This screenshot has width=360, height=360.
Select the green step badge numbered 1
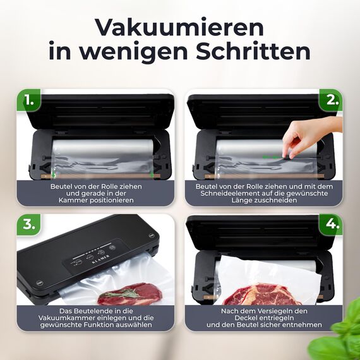pos(28,100)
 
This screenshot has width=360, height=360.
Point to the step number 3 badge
pos(28,225)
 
